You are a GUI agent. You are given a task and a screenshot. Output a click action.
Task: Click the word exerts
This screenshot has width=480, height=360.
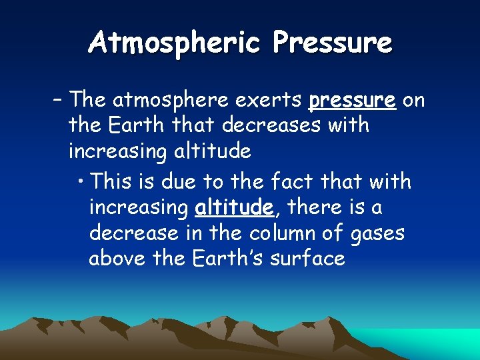click(262, 101)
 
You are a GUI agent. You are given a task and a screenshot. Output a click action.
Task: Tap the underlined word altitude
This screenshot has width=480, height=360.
click(234, 208)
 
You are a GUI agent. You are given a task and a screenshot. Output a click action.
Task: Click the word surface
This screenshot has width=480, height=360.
click(308, 259)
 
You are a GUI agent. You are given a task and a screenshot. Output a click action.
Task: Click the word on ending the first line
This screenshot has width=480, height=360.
click(414, 101)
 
